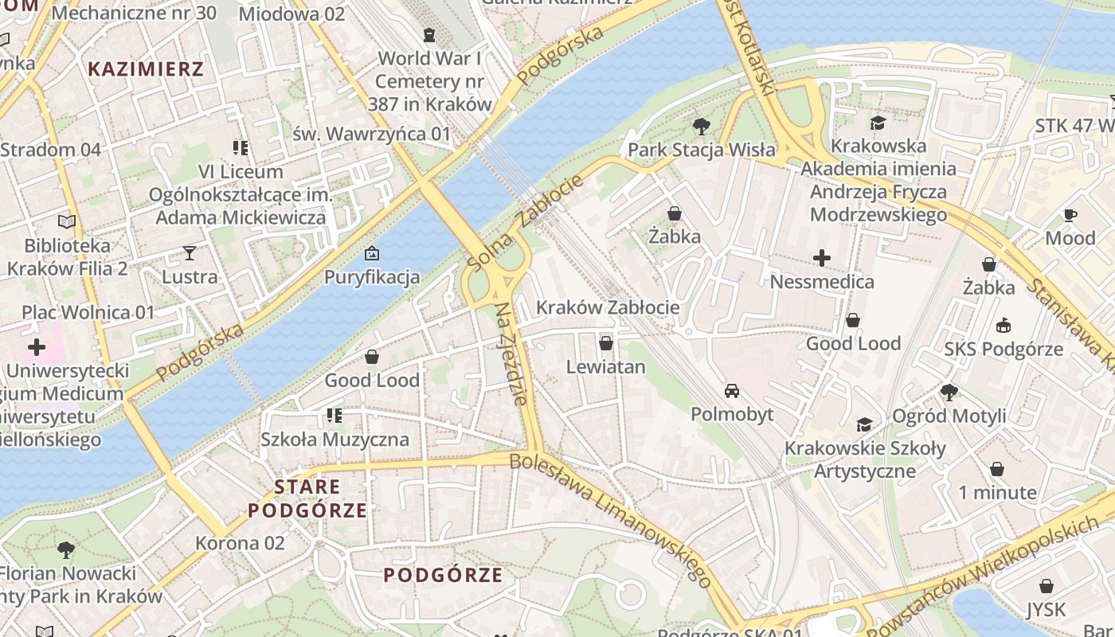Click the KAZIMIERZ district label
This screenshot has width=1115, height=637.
click(146, 68)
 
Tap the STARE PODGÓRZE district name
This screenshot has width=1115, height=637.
click(307, 498)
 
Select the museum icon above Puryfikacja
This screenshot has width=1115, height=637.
click(371, 254)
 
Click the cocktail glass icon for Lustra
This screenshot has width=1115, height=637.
click(189, 253)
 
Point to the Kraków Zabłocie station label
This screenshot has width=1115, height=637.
click(608, 307)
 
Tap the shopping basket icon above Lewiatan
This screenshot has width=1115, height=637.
click(605, 343)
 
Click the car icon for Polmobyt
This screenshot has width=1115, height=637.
click(731, 391)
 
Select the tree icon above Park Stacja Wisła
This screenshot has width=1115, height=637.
click(701, 126)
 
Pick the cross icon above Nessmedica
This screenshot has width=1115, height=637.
click(821, 258)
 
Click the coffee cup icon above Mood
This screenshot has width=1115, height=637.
click(1070, 215)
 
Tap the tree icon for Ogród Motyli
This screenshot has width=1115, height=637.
click(948, 392)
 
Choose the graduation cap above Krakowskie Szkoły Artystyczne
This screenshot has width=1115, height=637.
click(865, 424)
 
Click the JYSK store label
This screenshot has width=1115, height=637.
click(1046, 610)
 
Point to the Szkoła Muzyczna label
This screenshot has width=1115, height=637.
click(334, 440)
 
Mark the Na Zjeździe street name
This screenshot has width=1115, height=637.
click(511, 354)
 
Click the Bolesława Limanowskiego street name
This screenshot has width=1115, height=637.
click(610, 519)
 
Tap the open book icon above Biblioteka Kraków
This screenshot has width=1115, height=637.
click(67, 222)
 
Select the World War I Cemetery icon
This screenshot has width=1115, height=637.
click(429, 35)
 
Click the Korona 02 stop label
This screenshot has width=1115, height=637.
click(240, 543)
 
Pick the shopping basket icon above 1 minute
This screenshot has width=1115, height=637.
click(996, 469)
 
